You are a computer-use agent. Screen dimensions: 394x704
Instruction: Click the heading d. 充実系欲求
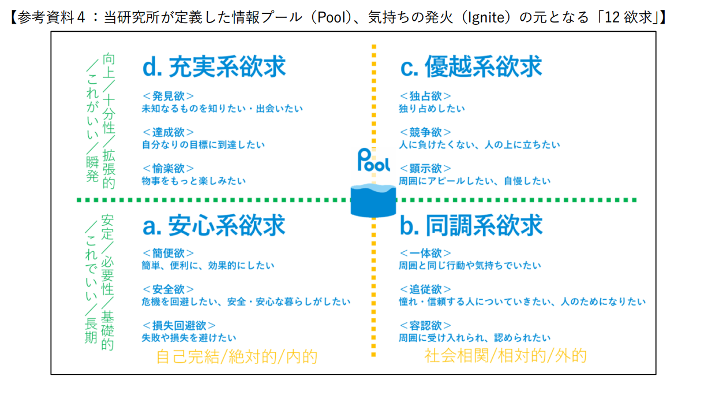[x=214, y=67]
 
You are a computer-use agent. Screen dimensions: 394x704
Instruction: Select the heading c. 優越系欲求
[x=471, y=67]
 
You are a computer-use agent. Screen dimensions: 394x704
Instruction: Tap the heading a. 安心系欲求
[x=214, y=225]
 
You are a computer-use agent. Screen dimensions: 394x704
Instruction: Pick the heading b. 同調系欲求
[x=471, y=225]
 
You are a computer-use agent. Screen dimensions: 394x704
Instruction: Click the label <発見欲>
[x=168, y=96]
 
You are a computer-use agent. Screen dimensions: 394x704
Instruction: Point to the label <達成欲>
[x=168, y=132]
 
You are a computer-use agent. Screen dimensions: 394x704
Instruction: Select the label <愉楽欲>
[x=168, y=168]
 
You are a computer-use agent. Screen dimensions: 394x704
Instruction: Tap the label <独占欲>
[x=425, y=96]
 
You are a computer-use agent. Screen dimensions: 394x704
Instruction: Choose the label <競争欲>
[x=425, y=132]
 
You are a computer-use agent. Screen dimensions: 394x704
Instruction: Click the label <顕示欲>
[x=425, y=168]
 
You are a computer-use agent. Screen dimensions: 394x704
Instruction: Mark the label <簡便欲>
[x=168, y=253]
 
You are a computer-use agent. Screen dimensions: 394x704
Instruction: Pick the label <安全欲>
[x=168, y=289]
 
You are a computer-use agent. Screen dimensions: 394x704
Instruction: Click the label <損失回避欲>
[x=179, y=325]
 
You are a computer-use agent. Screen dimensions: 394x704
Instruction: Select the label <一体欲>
[x=425, y=253]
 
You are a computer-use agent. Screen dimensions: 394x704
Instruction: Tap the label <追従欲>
[x=425, y=289]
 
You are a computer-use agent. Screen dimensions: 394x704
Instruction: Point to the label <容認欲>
[x=425, y=325]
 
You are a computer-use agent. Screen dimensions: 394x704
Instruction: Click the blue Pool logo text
[x=374, y=160]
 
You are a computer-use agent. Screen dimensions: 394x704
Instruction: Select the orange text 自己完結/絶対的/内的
[x=237, y=356]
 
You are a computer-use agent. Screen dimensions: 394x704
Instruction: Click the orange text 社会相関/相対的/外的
[x=505, y=355]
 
